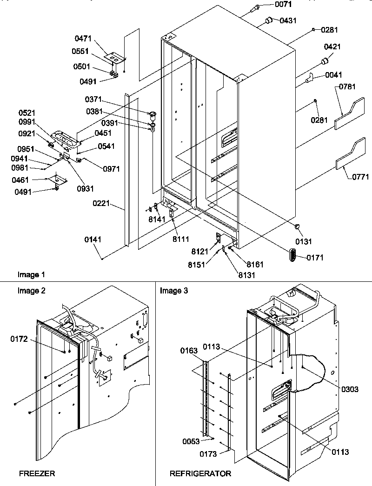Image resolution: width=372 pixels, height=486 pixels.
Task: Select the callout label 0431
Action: pyautogui.click(x=288, y=21)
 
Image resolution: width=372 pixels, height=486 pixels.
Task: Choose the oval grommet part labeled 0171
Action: pyautogui.click(x=295, y=255)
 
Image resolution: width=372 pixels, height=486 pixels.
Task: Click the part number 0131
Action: pyautogui.click(x=302, y=241)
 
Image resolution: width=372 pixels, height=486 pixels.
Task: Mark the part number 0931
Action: pyautogui.click(x=86, y=188)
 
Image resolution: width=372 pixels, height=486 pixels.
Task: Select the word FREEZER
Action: pyautogui.click(x=37, y=473)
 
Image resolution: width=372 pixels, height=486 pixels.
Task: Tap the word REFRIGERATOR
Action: pyautogui.click(x=200, y=473)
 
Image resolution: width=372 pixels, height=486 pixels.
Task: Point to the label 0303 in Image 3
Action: pyautogui.click(x=349, y=389)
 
